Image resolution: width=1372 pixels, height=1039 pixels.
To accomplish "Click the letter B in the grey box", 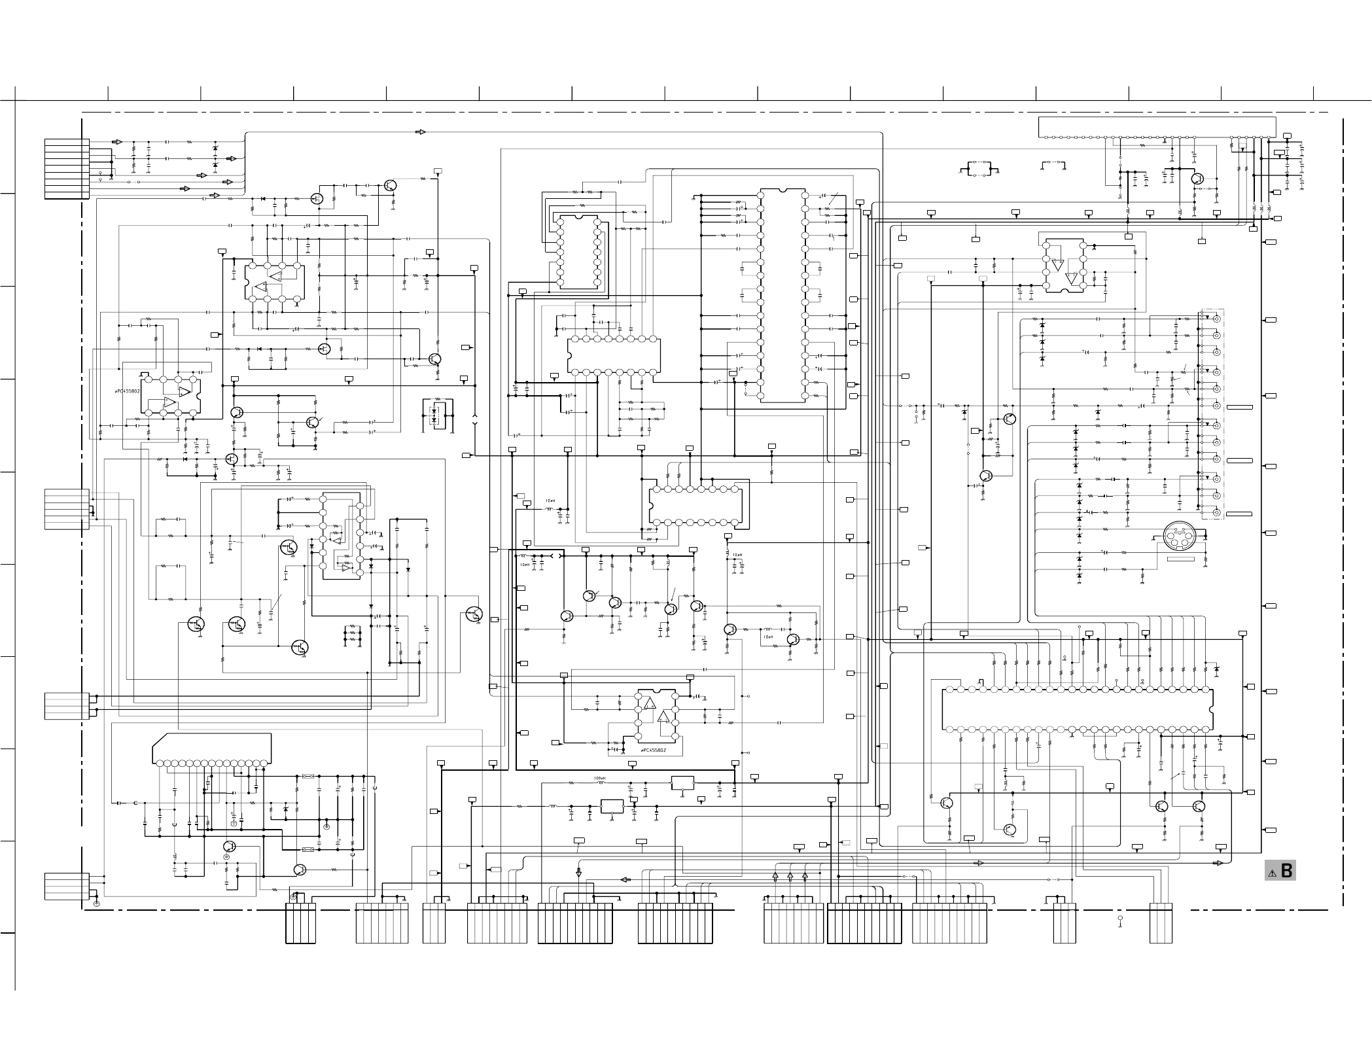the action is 1286,871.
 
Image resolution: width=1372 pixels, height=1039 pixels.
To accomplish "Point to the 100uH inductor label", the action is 599,778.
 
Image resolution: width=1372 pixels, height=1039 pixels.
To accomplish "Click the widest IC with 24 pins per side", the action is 1077,709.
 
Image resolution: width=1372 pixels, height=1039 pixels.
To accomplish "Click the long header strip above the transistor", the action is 1157,128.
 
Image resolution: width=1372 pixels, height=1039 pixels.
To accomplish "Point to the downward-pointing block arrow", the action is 578,872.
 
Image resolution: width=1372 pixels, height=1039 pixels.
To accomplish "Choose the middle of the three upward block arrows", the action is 790,876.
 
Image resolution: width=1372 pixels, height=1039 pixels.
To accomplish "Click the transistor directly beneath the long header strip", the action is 1198,178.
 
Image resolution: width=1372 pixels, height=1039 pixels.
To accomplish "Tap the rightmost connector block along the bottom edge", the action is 1161,923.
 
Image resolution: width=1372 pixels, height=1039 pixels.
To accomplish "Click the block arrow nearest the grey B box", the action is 1218,863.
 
